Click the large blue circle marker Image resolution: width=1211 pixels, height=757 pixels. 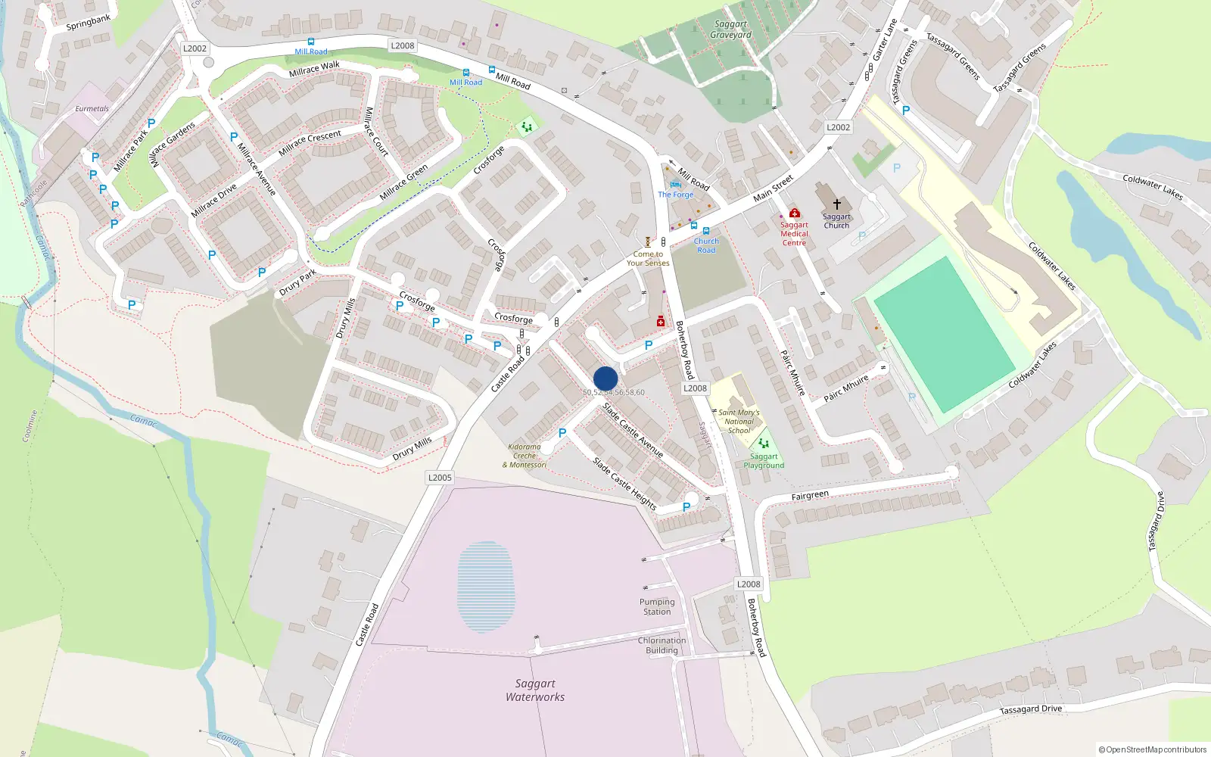605,378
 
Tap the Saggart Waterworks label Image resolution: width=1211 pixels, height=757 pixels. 535,690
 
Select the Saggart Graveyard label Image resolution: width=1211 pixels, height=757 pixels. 730,29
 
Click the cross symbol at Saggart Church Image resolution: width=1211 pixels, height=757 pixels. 837,204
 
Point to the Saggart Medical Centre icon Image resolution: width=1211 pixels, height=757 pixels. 794,213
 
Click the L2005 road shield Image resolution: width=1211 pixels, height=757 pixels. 440,477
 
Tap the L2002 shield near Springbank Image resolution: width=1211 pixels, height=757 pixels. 195,48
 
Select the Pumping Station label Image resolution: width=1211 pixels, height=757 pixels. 657,606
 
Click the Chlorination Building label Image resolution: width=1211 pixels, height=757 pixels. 662,645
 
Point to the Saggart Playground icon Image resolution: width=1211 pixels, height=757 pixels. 764,443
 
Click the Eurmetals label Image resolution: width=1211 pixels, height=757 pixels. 92,108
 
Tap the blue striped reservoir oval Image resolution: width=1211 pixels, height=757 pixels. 486,587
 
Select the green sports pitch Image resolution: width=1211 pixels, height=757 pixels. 944,334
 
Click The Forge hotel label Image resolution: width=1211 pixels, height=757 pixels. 675,195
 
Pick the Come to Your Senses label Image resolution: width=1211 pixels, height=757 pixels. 648,258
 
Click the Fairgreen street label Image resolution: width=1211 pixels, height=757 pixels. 810,496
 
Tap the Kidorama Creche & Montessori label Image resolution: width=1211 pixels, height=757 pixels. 525,456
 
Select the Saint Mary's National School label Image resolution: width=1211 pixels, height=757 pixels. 739,422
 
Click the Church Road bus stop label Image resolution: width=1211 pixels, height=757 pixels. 706,245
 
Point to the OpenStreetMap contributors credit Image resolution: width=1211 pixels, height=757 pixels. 1152,749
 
